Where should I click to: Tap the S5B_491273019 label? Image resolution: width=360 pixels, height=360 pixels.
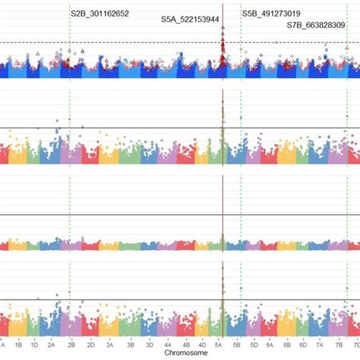point(270,13)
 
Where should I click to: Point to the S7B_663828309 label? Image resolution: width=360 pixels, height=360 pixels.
point(316,25)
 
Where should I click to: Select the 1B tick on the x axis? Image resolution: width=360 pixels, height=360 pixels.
point(17,344)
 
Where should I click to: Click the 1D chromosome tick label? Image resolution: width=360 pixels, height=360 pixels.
point(34,344)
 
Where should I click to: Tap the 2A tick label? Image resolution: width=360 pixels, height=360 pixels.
point(52,344)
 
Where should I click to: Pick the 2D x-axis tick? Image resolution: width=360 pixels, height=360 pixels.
point(91,344)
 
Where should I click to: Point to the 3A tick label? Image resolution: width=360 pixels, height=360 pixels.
point(109,344)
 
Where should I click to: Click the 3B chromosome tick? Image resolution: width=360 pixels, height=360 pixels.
point(130,344)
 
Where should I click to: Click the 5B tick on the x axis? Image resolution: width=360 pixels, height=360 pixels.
point(237,344)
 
